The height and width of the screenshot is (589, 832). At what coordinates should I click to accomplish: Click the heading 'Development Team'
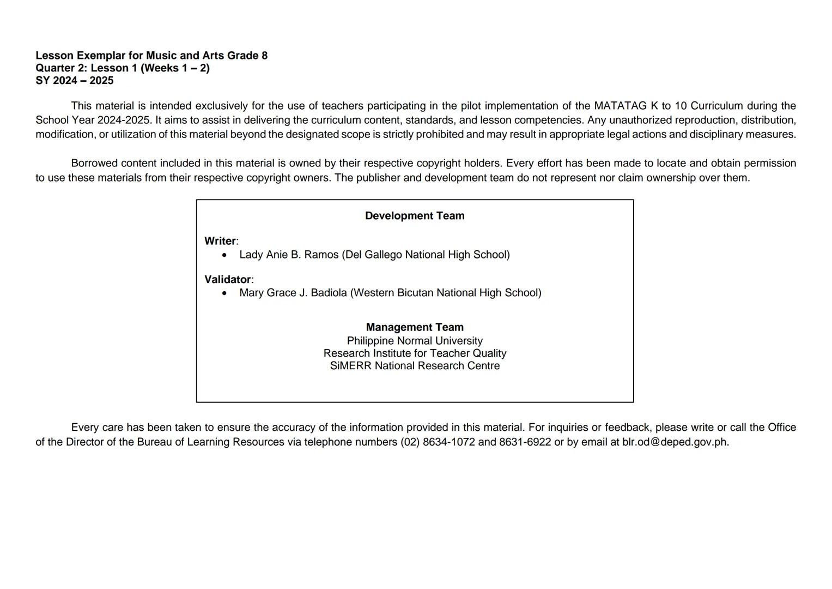point(415,216)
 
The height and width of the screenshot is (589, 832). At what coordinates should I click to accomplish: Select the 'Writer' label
point(220,241)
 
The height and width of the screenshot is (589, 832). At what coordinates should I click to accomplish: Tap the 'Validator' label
point(227,280)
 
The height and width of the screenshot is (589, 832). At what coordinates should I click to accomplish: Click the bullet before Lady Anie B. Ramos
point(224,255)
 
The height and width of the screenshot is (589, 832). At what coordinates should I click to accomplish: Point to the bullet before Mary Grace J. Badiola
point(224,293)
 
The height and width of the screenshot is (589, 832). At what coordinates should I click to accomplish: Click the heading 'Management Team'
point(415,327)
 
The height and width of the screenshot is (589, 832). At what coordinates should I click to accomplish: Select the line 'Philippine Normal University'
point(415,341)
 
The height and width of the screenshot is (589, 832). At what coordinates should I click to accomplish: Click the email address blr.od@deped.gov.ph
point(675,442)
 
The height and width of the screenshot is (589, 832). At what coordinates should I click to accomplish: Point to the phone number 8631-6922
point(525,442)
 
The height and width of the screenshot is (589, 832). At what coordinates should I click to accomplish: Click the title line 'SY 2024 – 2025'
point(75,81)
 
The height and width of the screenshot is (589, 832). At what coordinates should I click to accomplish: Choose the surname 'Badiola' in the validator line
point(329,293)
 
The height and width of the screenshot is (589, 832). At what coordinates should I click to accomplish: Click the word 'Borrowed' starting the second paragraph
point(94,163)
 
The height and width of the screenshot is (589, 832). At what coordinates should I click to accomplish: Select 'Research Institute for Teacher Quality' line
point(415,353)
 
